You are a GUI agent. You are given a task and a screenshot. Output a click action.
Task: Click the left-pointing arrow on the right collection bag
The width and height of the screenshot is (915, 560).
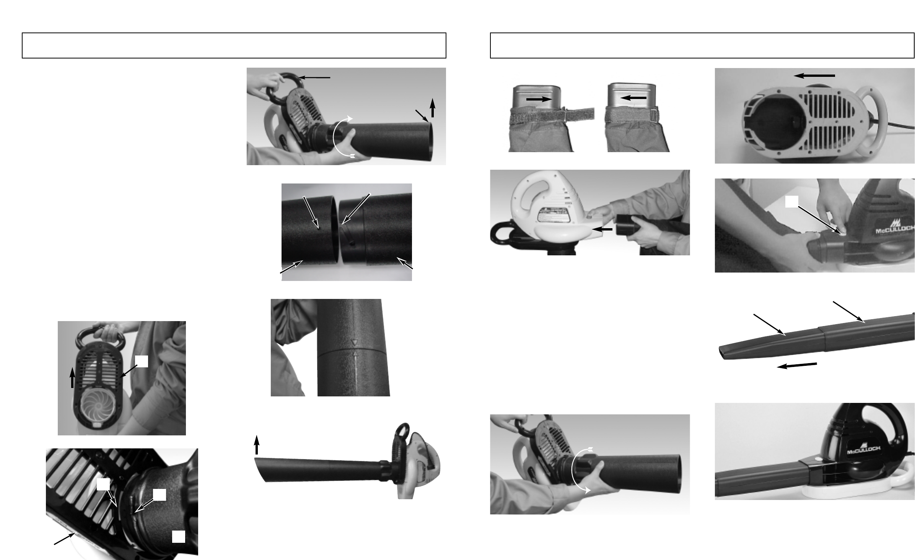point(633,98)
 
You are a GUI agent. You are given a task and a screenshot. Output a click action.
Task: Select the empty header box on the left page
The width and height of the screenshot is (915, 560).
point(234,45)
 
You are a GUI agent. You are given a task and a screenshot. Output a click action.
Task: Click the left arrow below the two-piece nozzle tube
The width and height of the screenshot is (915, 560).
point(797,365)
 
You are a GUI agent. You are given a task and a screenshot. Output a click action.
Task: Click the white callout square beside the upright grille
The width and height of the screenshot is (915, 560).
point(142,362)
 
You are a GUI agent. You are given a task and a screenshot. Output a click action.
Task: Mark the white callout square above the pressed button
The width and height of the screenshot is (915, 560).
point(791,201)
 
